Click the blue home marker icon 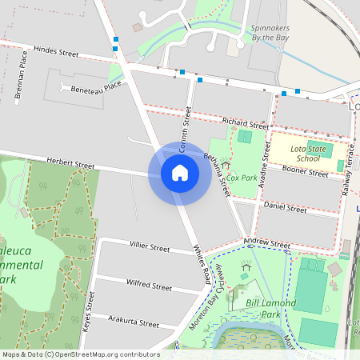[180, 172]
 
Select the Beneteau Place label [95, 87]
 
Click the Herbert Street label [70, 164]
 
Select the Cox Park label [241, 177]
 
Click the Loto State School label [309, 153]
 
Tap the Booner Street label [306, 172]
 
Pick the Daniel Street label [286, 209]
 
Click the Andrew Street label [267, 244]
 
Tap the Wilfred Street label [149, 286]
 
